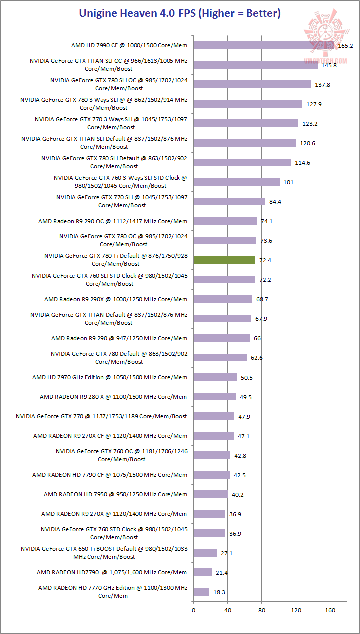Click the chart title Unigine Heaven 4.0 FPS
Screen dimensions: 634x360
(180, 13)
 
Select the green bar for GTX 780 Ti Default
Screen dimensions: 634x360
(224, 260)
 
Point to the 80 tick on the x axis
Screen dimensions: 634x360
(261, 610)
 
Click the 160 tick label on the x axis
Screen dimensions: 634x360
(330, 610)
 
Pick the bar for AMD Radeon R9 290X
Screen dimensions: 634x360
(223, 299)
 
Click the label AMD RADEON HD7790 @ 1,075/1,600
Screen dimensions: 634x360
(112, 572)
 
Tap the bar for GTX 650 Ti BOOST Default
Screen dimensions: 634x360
(205, 553)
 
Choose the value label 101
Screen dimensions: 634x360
(288, 182)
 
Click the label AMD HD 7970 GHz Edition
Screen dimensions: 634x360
(110, 377)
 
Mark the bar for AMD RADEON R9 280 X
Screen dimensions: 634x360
(214, 396)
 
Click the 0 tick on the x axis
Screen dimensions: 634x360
(193, 610)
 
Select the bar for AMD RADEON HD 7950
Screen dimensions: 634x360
(210, 494)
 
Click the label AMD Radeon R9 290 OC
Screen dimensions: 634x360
(113, 221)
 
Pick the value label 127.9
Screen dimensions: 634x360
(314, 104)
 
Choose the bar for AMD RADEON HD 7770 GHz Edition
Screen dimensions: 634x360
(201, 592)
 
